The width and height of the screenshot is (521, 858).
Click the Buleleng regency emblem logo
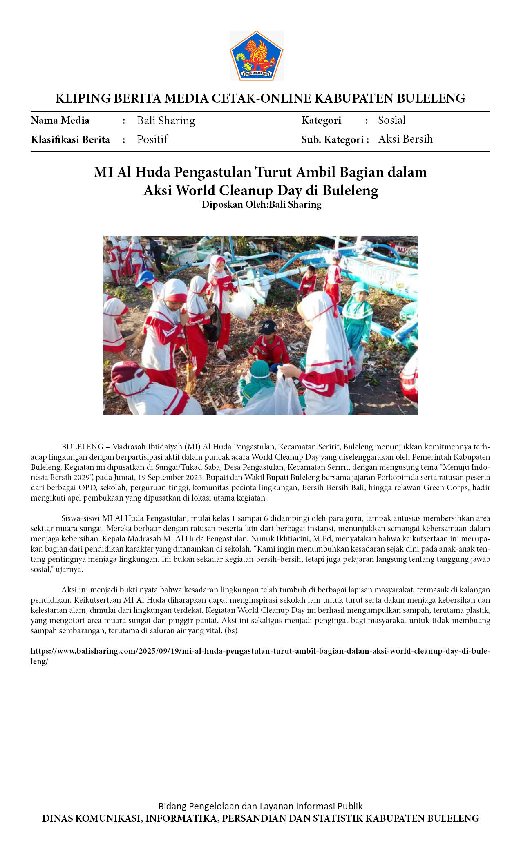pyautogui.click(x=256, y=56)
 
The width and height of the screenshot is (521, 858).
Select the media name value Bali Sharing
pyautogui.click(x=166, y=121)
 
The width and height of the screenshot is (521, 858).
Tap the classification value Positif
pyautogui.click(x=152, y=139)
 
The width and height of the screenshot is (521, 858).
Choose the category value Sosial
pyautogui.click(x=391, y=120)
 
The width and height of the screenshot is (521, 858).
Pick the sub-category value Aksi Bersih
pyautogui.click(x=405, y=139)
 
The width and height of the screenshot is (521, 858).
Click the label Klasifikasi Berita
pyautogui.click(x=70, y=140)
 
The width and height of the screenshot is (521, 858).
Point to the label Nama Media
pyautogui.click(x=60, y=121)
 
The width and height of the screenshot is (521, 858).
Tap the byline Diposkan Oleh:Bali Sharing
pyautogui.click(x=262, y=204)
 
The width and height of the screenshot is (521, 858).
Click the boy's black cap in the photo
pyautogui.click(x=268, y=326)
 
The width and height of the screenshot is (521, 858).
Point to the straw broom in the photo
pyautogui.click(x=190, y=378)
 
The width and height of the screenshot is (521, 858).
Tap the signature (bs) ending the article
pyautogui.click(x=231, y=630)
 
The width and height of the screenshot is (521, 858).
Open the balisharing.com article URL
pyautogui.click(x=260, y=651)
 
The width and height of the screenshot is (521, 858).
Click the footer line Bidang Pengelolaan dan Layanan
pyautogui.click(x=260, y=806)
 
